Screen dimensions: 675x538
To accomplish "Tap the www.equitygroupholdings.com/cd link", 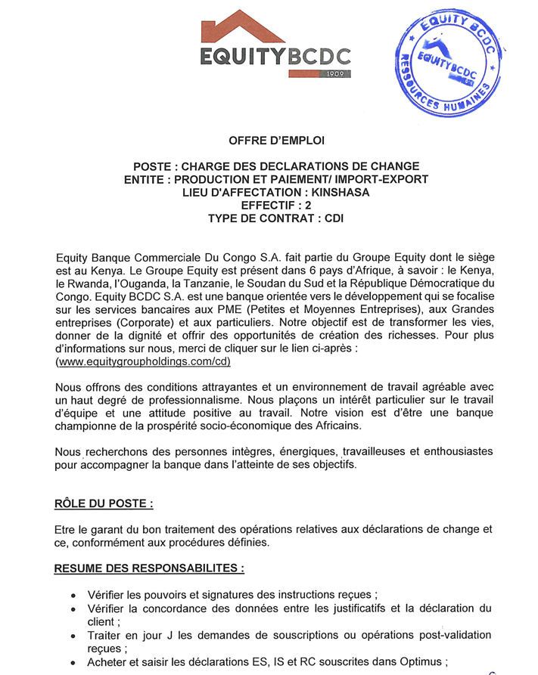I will click(x=143, y=362).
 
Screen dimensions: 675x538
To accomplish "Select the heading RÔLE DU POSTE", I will click(x=104, y=503).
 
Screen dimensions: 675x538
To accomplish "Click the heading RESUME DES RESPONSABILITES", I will click(x=150, y=567).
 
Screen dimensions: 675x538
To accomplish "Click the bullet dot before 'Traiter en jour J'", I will click(x=72, y=635).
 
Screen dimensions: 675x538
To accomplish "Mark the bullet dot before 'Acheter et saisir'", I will click(x=72, y=663).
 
